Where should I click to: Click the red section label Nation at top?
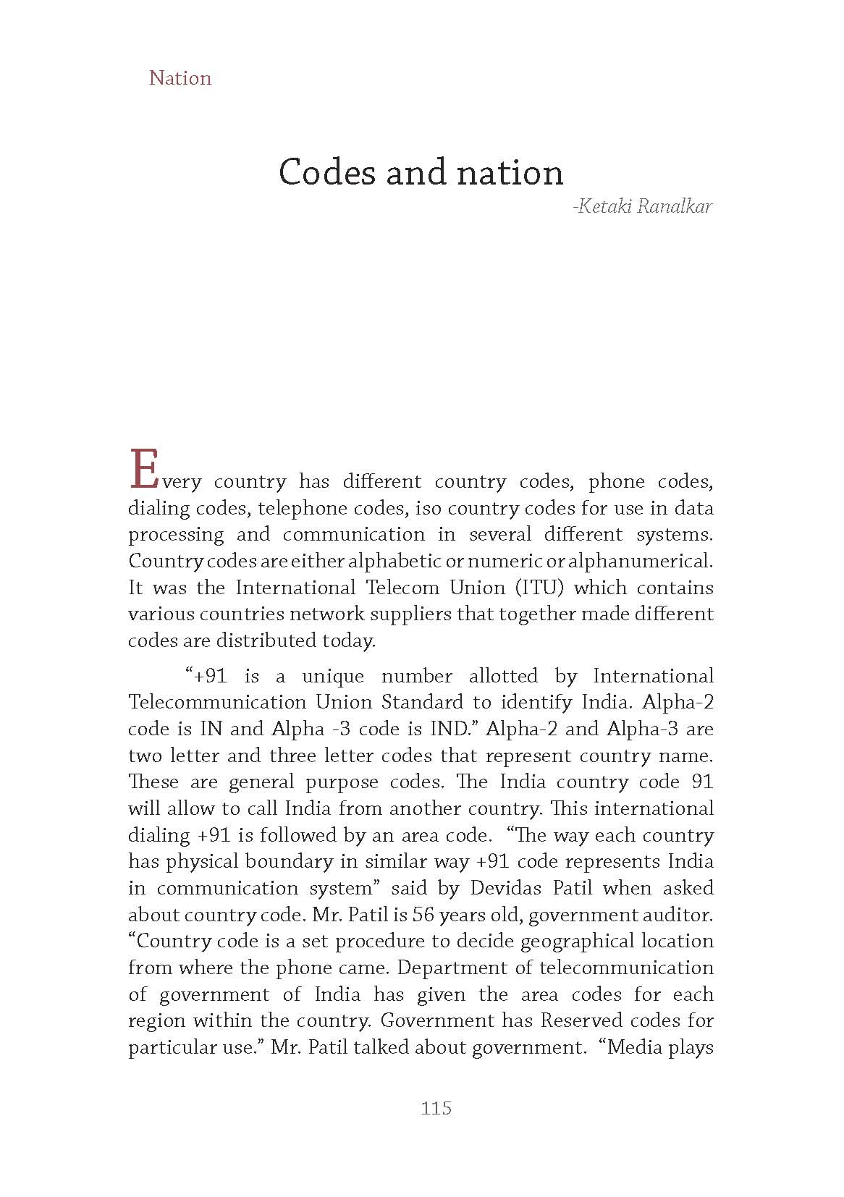(x=180, y=78)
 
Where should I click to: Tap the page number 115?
(x=436, y=1107)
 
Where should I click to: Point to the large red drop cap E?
(x=143, y=470)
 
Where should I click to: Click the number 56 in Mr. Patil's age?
(x=423, y=915)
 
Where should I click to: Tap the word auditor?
(x=680, y=915)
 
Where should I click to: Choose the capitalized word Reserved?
(x=582, y=1020)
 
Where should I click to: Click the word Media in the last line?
(x=635, y=1047)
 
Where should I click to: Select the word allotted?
(x=503, y=676)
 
